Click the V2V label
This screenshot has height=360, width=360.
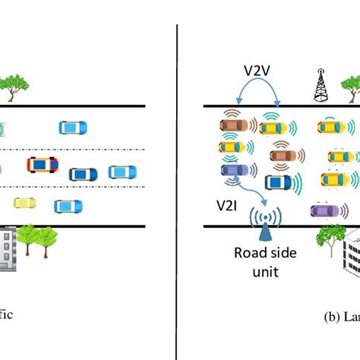[x=257, y=71]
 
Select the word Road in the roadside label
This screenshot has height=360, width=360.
[x=250, y=253]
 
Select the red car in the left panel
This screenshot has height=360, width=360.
[x=43, y=164]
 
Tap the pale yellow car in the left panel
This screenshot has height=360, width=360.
[x=25, y=203]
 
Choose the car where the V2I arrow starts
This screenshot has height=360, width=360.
[x=232, y=171]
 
